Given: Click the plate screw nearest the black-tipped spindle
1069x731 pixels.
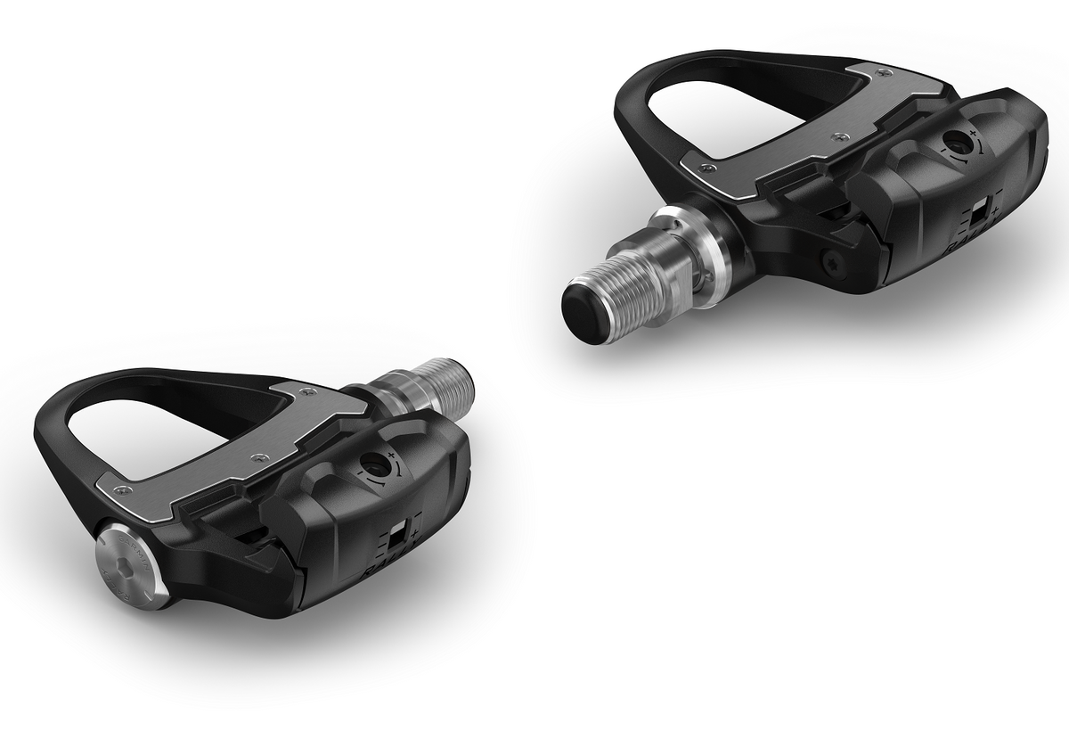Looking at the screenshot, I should (x=706, y=168).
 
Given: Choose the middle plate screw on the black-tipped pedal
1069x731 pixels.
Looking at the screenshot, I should (x=839, y=136).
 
